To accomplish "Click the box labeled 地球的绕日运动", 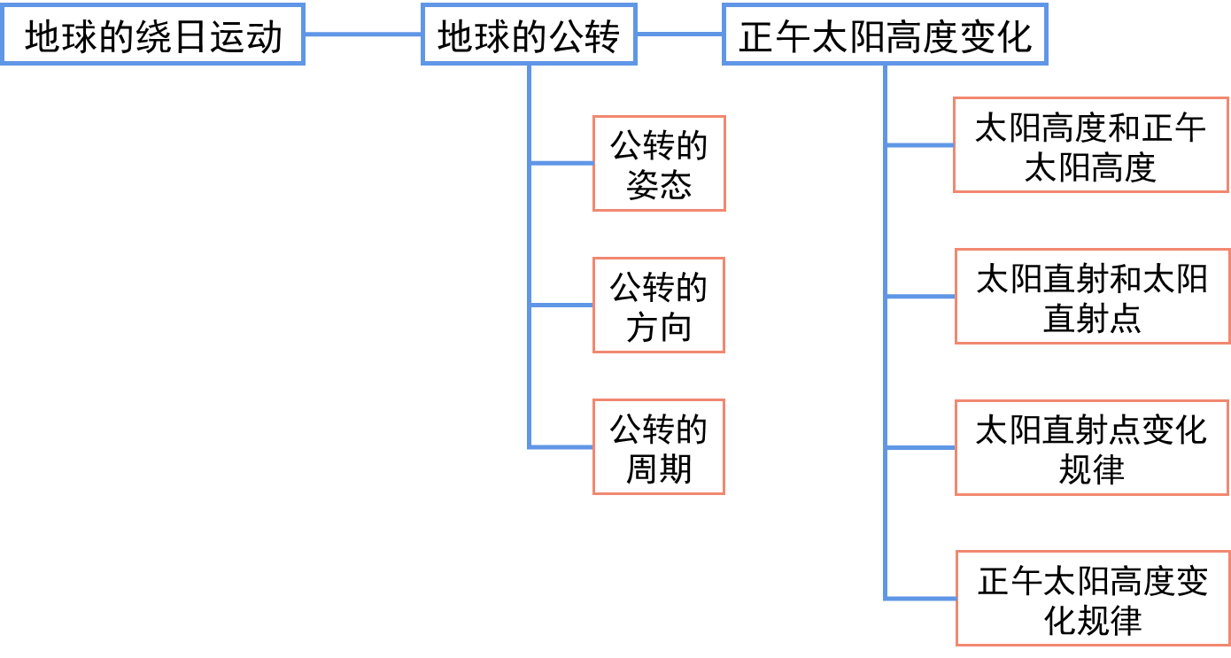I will pyautogui.click(x=152, y=35).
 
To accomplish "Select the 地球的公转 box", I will pyautogui.click(x=528, y=35).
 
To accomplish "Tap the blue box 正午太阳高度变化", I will pyautogui.click(x=885, y=35).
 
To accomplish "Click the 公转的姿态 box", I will pyautogui.click(x=659, y=163).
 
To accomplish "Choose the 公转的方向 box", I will pyautogui.click(x=659, y=305).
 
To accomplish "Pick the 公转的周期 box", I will pyautogui.click(x=659, y=446).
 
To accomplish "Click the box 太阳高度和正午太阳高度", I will pyautogui.click(x=1090, y=145).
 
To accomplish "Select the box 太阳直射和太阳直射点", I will pyautogui.click(x=1092, y=297).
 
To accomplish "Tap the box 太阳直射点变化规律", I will pyautogui.click(x=1092, y=447).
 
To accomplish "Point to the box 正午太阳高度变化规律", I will pyautogui.click(x=1093, y=598).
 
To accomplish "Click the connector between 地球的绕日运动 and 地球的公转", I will pyautogui.click(x=362, y=35).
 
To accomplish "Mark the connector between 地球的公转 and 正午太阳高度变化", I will pyautogui.click(x=679, y=35).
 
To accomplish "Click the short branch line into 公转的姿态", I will pyautogui.click(x=561, y=163).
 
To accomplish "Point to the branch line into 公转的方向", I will pyautogui.click(x=561, y=305).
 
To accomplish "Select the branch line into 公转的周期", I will pyautogui.click(x=561, y=446).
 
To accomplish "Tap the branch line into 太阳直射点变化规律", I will pyautogui.click(x=920, y=447).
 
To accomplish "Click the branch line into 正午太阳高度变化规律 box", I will pyautogui.click(x=920, y=599).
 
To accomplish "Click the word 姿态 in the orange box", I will pyautogui.click(x=659, y=184).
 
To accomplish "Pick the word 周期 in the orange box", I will pyautogui.click(x=659, y=468).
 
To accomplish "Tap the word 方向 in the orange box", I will pyautogui.click(x=659, y=326).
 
